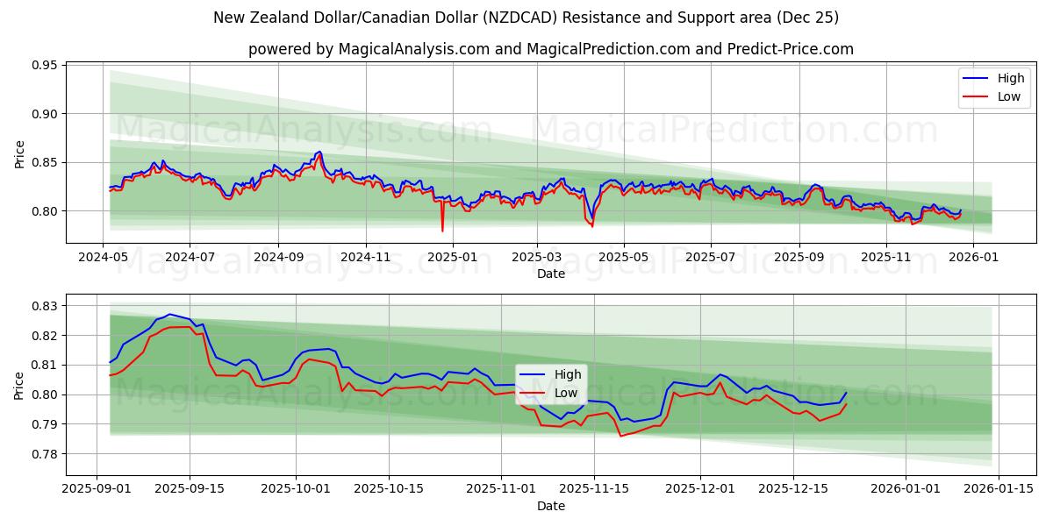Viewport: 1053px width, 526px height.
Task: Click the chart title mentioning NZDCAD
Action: coord(526,18)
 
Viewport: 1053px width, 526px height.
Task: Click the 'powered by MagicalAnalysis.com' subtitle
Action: coord(550,49)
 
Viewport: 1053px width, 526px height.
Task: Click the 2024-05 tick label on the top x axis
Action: coord(104,257)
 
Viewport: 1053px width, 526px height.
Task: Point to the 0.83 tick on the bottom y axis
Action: coord(45,306)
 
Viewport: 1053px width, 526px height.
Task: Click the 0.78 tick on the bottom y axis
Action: coord(45,454)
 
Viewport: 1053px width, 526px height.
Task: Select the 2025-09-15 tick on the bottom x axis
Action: coord(190,488)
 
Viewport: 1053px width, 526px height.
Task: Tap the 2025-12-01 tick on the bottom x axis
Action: coord(700,488)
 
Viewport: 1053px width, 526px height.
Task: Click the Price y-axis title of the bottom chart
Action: coord(19,385)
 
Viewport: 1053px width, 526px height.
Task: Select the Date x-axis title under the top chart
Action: coord(550,274)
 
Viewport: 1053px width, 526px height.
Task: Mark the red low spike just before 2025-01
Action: coord(442,231)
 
